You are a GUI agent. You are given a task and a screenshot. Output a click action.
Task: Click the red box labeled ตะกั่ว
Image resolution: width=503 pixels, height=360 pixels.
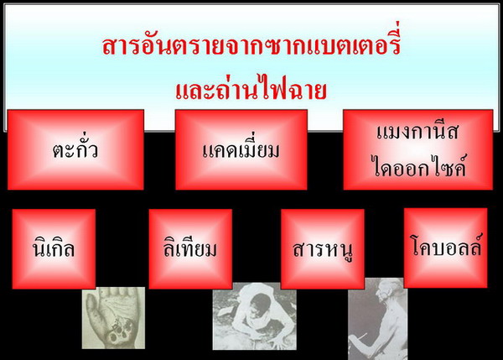click(75, 149)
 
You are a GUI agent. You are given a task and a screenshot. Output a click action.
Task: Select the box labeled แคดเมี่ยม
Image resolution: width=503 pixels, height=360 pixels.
click(241, 149)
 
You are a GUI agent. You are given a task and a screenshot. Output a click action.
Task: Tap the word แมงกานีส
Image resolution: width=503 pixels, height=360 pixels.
click(417, 131)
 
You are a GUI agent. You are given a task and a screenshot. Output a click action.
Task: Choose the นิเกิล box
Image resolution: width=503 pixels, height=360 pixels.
click(54, 249)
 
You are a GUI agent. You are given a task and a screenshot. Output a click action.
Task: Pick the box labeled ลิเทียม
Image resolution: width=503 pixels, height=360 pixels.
click(190, 249)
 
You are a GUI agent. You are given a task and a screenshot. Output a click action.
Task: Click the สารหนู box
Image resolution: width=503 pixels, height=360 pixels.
click(323, 249)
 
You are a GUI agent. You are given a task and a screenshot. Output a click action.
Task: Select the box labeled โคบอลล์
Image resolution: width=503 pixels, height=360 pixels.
click(446, 248)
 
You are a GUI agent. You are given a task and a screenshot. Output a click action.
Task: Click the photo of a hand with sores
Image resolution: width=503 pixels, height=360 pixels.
click(113, 318)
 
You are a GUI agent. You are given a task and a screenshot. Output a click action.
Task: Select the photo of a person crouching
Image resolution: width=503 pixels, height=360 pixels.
click(254, 316)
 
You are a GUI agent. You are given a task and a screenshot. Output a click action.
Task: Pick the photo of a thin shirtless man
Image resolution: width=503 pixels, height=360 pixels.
click(377, 319)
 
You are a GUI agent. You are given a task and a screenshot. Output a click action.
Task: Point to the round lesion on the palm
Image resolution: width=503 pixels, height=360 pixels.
click(114, 337)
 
